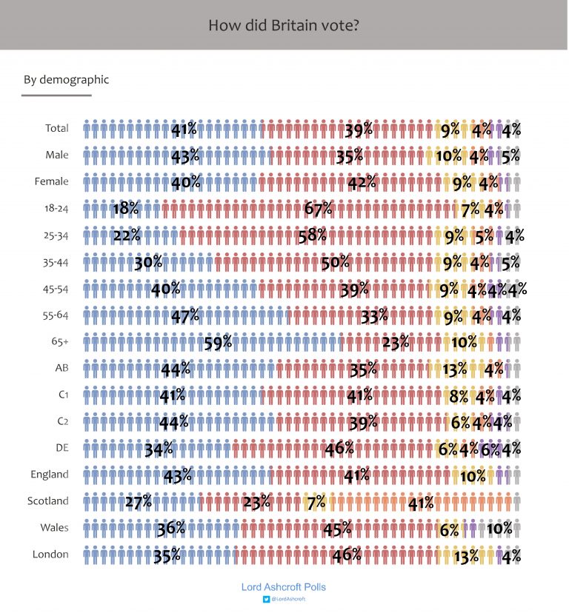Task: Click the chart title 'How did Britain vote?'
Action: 284,25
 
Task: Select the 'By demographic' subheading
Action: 66,79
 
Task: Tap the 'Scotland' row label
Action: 48,501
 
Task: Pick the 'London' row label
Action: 51,555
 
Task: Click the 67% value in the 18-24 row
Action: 318,209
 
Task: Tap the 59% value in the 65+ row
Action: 218,342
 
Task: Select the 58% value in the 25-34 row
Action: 312,235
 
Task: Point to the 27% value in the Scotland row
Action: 138,502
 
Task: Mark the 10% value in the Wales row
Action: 499,529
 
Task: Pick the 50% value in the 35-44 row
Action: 334,262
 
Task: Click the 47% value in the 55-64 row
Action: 185,315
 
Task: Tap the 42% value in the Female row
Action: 362,182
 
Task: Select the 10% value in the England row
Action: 473,475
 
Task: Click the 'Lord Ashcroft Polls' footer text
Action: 284,586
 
